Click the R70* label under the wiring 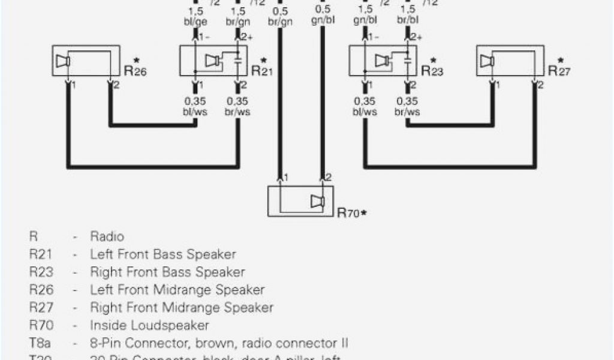click(352, 212)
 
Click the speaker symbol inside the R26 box click(62, 61)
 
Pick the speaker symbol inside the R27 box click(487, 61)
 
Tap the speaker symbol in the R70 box click(317, 202)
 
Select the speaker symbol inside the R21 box click(211, 61)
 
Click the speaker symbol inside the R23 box click(381, 61)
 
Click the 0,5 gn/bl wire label click(322, 16)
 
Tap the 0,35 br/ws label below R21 click(238, 106)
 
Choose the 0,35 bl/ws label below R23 click(365, 106)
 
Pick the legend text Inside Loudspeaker click(149, 326)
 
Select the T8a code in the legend click(40, 344)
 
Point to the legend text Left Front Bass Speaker click(163, 254)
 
